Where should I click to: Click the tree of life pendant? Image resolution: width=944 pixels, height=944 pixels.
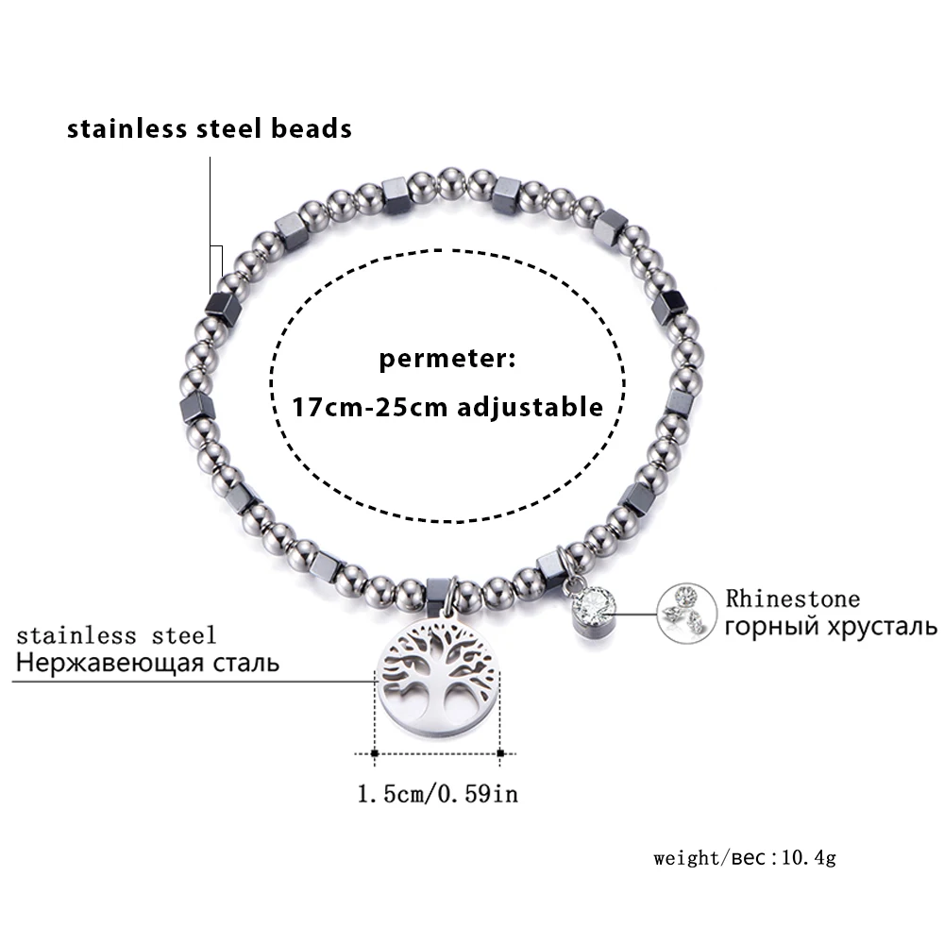click(x=438, y=678)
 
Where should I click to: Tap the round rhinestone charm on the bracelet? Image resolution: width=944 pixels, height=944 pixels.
click(x=593, y=610)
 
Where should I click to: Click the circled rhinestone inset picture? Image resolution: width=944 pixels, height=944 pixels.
click(x=686, y=613)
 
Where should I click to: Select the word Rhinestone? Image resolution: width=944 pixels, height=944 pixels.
click(x=792, y=598)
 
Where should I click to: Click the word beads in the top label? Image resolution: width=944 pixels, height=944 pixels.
click(x=312, y=128)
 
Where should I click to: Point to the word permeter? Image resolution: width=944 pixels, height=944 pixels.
click(x=447, y=359)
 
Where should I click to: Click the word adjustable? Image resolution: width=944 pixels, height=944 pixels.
click(x=530, y=408)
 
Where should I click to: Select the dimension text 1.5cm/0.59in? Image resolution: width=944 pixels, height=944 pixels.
click(x=438, y=794)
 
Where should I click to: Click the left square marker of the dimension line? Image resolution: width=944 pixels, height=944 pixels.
click(x=375, y=753)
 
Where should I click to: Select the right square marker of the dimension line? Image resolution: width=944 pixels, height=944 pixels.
click(x=500, y=753)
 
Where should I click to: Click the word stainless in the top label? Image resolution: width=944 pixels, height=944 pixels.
click(x=126, y=128)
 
